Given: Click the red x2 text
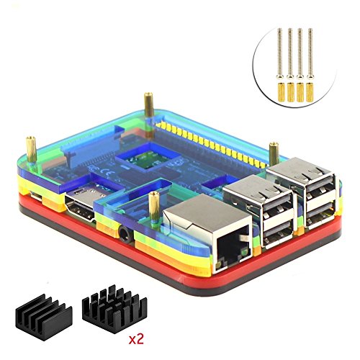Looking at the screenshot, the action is tap(136, 338).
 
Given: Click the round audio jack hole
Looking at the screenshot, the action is tap(125, 233).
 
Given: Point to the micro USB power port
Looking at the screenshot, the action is tap(36, 196).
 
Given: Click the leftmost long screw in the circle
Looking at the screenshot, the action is tap(279, 53).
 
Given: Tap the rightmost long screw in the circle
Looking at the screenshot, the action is tap(310, 53).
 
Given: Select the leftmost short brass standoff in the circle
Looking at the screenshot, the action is tap(281, 91).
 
